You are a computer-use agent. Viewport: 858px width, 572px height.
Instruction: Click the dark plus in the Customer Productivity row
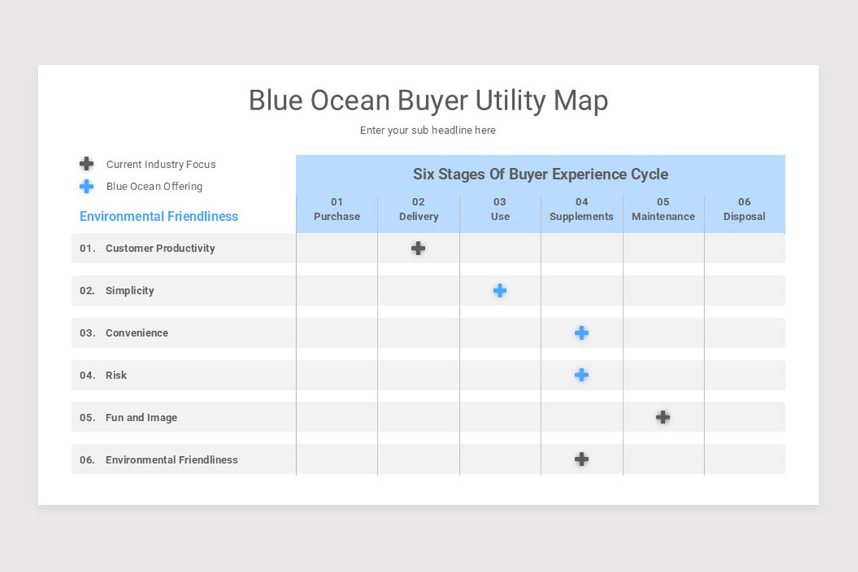pyautogui.click(x=418, y=248)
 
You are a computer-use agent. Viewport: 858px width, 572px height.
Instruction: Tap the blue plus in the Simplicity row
pyautogui.click(x=500, y=290)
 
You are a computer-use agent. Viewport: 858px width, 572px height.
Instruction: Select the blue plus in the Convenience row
pyautogui.click(x=581, y=332)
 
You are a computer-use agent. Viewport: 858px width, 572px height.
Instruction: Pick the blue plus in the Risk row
pyautogui.click(x=581, y=375)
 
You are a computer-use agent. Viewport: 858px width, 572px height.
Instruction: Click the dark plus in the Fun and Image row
pyautogui.click(x=663, y=417)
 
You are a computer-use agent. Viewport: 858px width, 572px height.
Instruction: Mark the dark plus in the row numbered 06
pyautogui.click(x=581, y=459)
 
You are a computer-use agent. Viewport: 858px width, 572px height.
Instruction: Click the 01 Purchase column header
pyautogui.click(x=337, y=209)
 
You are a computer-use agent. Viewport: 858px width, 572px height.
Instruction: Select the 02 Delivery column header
pyautogui.click(x=418, y=209)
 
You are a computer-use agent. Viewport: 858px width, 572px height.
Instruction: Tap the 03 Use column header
pyautogui.click(x=500, y=209)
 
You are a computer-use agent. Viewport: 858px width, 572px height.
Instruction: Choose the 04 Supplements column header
pyautogui.click(x=581, y=209)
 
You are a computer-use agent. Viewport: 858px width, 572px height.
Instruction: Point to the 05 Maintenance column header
pyautogui.click(x=663, y=209)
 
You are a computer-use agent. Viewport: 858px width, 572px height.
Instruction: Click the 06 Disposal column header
pyautogui.click(x=744, y=209)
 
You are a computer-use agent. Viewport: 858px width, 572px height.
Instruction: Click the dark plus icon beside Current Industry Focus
pyautogui.click(x=87, y=164)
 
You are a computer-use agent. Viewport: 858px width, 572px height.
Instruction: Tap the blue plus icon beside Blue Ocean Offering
pyautogui.click(x=87, y=186)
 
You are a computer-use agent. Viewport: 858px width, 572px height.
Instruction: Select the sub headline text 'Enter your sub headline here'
pyautogui.click(x=428, y=130)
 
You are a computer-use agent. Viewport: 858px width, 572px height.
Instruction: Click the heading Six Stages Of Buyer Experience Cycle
pyautogui.click(x=541, y=174)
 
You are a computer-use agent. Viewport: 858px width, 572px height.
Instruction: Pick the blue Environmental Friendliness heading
pyautogui.click(x=159, y=216)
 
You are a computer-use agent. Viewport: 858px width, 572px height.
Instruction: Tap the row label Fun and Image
pyautogui.click(x=141, y=418)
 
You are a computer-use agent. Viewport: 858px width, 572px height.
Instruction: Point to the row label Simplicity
pyautogui.click(x=129, y=291)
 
